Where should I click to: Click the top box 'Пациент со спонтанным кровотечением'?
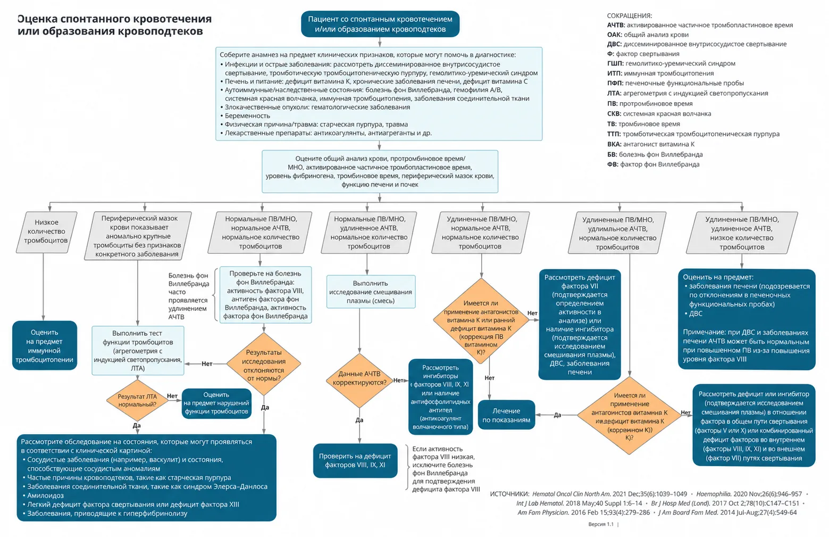tap(380, 24)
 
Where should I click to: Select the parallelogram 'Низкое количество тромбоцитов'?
tap(47, 232)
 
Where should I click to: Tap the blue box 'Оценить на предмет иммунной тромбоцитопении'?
tap(45, 345)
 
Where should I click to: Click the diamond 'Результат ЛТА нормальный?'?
tap(137, 400)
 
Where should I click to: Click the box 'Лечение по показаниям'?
tap(506, 415)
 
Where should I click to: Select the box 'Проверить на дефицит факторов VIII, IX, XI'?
tap(355, 461)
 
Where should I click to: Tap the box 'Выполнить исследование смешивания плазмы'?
tap(371, 292)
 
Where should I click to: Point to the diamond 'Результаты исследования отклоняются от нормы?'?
tap(264, 365)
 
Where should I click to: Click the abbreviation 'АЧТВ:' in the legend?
tap(616, 25)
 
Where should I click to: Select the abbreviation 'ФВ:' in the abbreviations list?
tap(613, 164)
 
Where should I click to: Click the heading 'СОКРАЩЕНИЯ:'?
tap(630, 16)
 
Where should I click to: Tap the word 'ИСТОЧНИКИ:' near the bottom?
tap(509, 494)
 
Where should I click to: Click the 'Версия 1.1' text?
tap(601, 524)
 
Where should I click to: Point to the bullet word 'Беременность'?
tap(248, 116)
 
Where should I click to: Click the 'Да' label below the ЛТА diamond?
tap(137, 426)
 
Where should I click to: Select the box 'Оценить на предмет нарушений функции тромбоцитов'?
tap(216, 403)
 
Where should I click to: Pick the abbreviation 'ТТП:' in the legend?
tap(614, 134)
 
